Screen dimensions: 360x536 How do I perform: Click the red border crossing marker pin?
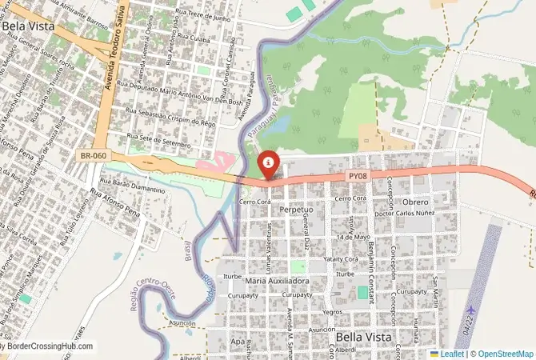[269, 165]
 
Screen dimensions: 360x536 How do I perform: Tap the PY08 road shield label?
[358, 175]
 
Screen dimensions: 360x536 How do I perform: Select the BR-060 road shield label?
[94, 155]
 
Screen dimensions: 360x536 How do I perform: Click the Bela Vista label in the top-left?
[29, 26]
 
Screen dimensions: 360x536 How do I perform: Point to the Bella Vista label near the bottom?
[364, 338]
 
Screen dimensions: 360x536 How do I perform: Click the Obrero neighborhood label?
[415, 202]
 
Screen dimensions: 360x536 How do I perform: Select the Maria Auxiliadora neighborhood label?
[278, 282]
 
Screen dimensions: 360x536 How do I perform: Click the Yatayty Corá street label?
[339, 259]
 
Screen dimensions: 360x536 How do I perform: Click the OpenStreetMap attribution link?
[502, 354]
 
